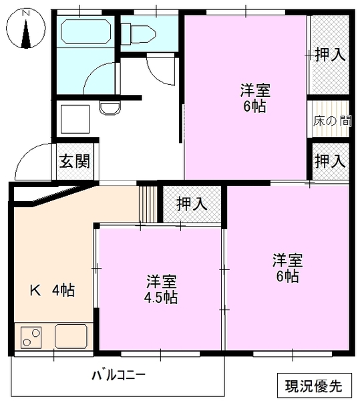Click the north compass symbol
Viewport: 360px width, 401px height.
(26, 31)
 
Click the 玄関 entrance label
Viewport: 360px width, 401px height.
(73, 161)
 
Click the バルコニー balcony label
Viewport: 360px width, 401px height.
(118, 374)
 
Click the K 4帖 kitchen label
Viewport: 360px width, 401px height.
(52, 290)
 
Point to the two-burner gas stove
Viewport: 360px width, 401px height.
(31, 336)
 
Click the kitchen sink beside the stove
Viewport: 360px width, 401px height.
(71, 336)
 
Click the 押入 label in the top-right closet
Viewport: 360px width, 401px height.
(330, 55)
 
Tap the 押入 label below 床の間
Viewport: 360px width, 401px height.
(330, 160)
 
